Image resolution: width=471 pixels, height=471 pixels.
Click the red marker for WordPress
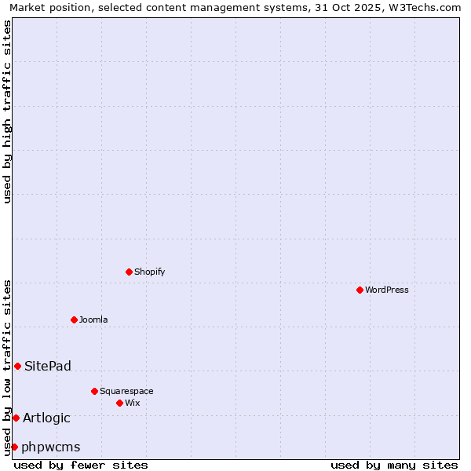pos(360,290)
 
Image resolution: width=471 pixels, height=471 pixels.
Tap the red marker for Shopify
pos(129,272)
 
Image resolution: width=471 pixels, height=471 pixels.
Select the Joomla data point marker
pos(74,319)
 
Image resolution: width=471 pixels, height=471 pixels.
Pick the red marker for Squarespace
pos(94,391)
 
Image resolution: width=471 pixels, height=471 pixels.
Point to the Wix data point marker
pos(119,403)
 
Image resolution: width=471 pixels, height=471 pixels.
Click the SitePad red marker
pos(17,366)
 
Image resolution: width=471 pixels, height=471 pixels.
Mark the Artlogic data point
pos(16,418)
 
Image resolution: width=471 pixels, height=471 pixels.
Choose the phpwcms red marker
pos(14,447)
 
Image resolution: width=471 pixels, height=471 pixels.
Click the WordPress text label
pos(387,290)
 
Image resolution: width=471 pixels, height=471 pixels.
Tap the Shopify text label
pos(149,272)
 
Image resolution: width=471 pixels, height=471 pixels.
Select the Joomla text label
pos(93,319)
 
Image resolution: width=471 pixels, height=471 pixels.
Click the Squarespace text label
pos(126,391)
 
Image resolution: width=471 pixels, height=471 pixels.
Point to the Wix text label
pos(132,403)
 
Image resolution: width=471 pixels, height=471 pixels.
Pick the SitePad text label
pos(48,366)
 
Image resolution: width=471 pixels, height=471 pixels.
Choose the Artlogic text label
pos(46,418)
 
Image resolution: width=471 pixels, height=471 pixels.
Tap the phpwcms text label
pos(51,447)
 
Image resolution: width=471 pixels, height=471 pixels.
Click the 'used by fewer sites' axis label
pos(81,465)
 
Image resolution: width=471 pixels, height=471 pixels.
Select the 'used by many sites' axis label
pos(394,465)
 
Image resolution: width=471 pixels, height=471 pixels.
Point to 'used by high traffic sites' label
pos(7,111)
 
